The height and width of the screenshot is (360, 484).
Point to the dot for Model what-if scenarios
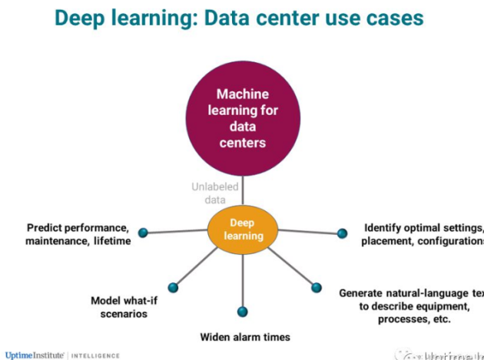[173, 286]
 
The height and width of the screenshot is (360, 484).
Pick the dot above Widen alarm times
[243, 311]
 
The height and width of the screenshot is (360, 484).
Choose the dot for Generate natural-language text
[314, 287]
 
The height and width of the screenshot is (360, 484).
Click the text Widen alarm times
[245, 336]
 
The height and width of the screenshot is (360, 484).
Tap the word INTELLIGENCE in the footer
[97, 355]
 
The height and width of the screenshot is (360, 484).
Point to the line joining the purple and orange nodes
[242, 190]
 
